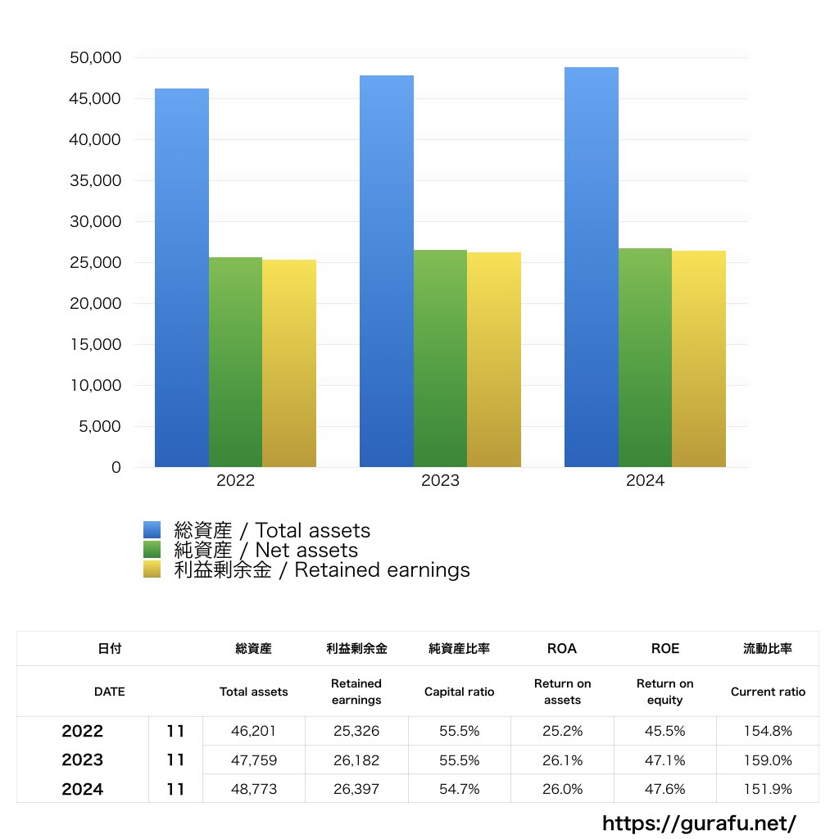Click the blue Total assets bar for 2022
[x=181, y=279]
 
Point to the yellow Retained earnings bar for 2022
[x=289, y=364]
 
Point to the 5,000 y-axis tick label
[x=100, y=426]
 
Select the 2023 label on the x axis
[x=440, y=481]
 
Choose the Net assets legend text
[x=266, y=550]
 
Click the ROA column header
[x=561, y=648]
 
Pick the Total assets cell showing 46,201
[x=253, y=731]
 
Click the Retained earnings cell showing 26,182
[x=356, y=760]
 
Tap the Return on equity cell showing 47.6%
[x=664, y=789]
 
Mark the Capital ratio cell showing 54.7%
[x=459, y=789]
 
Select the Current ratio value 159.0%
[x=768, y=760]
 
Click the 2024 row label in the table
[x=82, y=789]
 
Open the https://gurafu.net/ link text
[x=699, y=823]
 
